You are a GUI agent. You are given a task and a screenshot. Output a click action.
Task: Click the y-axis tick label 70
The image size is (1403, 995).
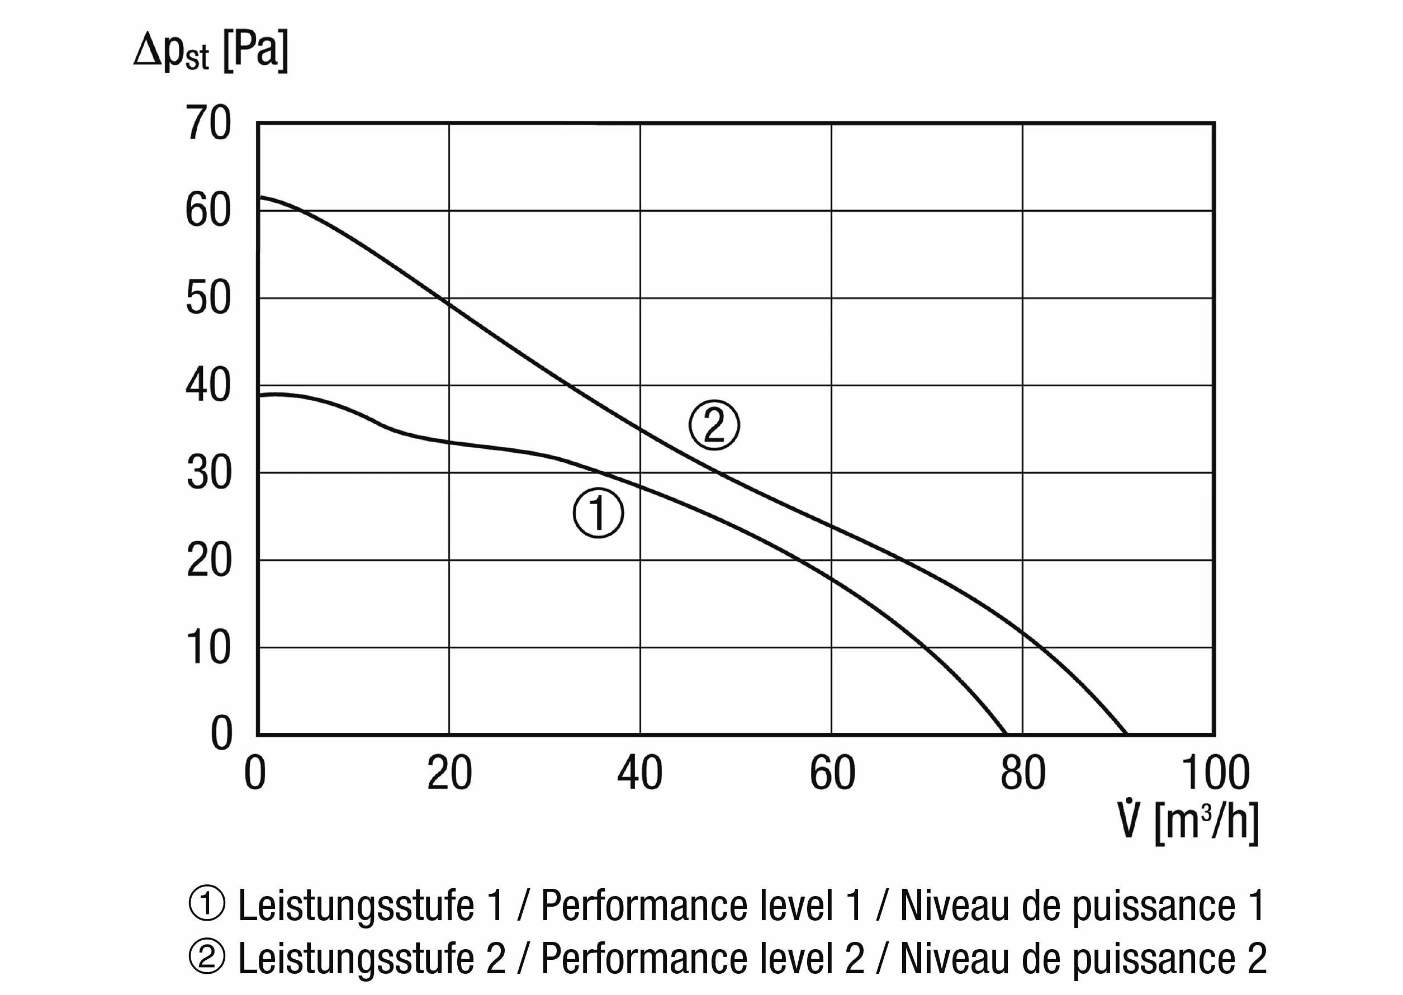coord(208,123)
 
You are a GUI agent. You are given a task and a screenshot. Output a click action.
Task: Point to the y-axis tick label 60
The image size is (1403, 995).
coord(208,210)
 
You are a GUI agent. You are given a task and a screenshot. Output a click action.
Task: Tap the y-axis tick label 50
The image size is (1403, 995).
coord(208,298)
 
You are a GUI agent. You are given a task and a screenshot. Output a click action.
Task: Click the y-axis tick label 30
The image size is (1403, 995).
coord(208,473)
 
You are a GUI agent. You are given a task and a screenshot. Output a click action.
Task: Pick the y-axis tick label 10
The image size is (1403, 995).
coord(208,648)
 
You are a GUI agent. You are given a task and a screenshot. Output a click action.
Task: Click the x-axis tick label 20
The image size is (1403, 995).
coord(449,773)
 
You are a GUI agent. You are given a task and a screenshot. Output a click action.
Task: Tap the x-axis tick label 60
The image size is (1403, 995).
coord(832,773)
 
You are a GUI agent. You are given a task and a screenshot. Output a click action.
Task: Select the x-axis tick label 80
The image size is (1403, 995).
coord(1023,773)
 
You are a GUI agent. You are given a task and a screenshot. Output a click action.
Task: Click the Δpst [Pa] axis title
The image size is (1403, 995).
coord(211,51)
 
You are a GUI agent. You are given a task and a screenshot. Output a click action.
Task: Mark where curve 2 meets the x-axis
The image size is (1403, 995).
coord(1126,733)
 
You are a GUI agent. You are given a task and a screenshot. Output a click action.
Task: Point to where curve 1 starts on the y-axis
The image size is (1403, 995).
coord(259,396)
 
